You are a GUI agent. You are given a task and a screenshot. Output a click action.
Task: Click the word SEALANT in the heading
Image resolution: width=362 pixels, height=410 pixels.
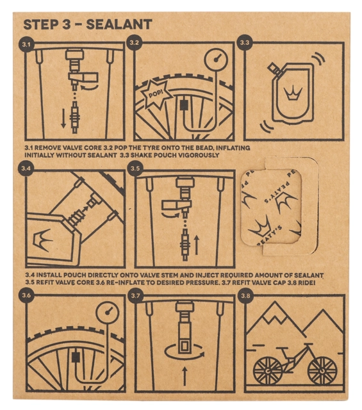click(x=119, y=24)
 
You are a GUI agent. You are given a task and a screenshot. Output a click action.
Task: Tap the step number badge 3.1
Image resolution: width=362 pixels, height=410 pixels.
click(x=26, y=44)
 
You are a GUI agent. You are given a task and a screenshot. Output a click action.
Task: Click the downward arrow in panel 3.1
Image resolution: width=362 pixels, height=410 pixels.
click(x=63, y=119)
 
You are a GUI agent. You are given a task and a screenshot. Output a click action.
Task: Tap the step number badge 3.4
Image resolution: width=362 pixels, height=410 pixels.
click(x=26, y=168)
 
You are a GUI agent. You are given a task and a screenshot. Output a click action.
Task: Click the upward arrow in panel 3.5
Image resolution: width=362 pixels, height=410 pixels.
click(x=197, y=245)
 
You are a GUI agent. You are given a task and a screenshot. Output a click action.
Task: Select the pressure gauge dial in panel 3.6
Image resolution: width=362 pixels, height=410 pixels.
click(x=107, y=311)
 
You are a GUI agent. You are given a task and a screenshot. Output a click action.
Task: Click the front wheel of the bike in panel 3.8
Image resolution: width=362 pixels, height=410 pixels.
click(x=322, y=371)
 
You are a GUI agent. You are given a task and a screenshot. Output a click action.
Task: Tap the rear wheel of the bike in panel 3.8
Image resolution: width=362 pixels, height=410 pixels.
click(x=268, y=371)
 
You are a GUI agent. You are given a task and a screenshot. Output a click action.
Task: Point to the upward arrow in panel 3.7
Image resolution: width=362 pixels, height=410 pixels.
click(x=185, y=376)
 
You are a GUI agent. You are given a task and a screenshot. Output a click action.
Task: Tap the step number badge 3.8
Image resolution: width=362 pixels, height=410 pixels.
click(x=245, y=296)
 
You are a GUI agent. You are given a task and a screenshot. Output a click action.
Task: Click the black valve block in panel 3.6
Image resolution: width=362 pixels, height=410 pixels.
click(x=76, y=357)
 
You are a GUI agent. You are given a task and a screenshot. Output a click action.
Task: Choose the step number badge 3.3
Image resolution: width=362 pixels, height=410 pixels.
click(x=245, y=43)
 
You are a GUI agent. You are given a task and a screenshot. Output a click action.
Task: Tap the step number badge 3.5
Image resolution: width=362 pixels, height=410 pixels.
click(x=135, y=168)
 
